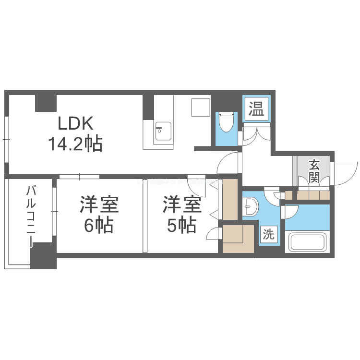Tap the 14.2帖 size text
click(x=75, y=144)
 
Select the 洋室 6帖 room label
click(x=99, y=215)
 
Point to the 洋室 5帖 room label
click(x=181, y=215)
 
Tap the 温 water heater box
click(x=256, y=108)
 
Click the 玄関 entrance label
click(x=314, y=171)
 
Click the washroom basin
click(x=251, y=207)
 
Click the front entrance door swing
click(x=345, y=173)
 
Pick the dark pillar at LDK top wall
click(x=46, y=103)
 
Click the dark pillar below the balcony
click(x=44, y=256)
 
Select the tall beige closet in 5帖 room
click(x=229, y=199)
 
